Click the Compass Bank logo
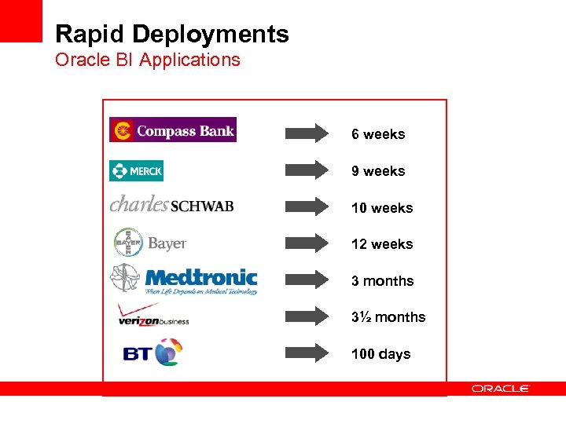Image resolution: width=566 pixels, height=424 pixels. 173,130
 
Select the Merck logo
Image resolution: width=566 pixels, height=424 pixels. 137,170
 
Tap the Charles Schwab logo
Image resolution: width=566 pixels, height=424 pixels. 171,204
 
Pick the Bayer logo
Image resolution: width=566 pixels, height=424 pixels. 150,243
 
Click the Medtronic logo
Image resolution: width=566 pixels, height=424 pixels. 184,279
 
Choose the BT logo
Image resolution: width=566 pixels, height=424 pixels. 153,353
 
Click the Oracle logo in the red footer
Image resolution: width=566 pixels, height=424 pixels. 501,388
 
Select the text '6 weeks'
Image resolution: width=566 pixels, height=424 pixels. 378,134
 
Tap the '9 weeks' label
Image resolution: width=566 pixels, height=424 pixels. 378,171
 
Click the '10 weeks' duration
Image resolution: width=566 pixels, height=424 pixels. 382,208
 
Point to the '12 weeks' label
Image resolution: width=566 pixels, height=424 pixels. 382,244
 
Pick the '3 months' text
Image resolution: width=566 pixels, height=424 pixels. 382,281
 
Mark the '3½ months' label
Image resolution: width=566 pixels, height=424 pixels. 388,317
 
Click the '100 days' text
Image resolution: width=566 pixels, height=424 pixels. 380,354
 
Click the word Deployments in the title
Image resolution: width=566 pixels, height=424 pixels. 211,35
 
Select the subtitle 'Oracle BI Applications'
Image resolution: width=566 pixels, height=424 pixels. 148,60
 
